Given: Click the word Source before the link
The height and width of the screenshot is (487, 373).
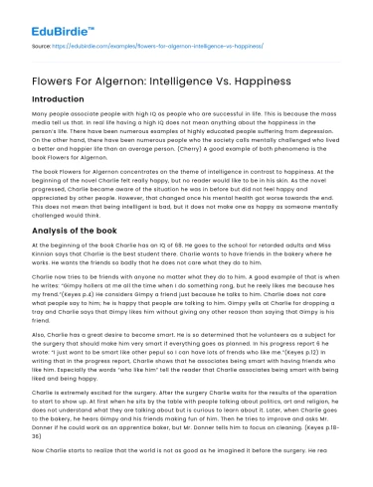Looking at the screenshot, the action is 41,45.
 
